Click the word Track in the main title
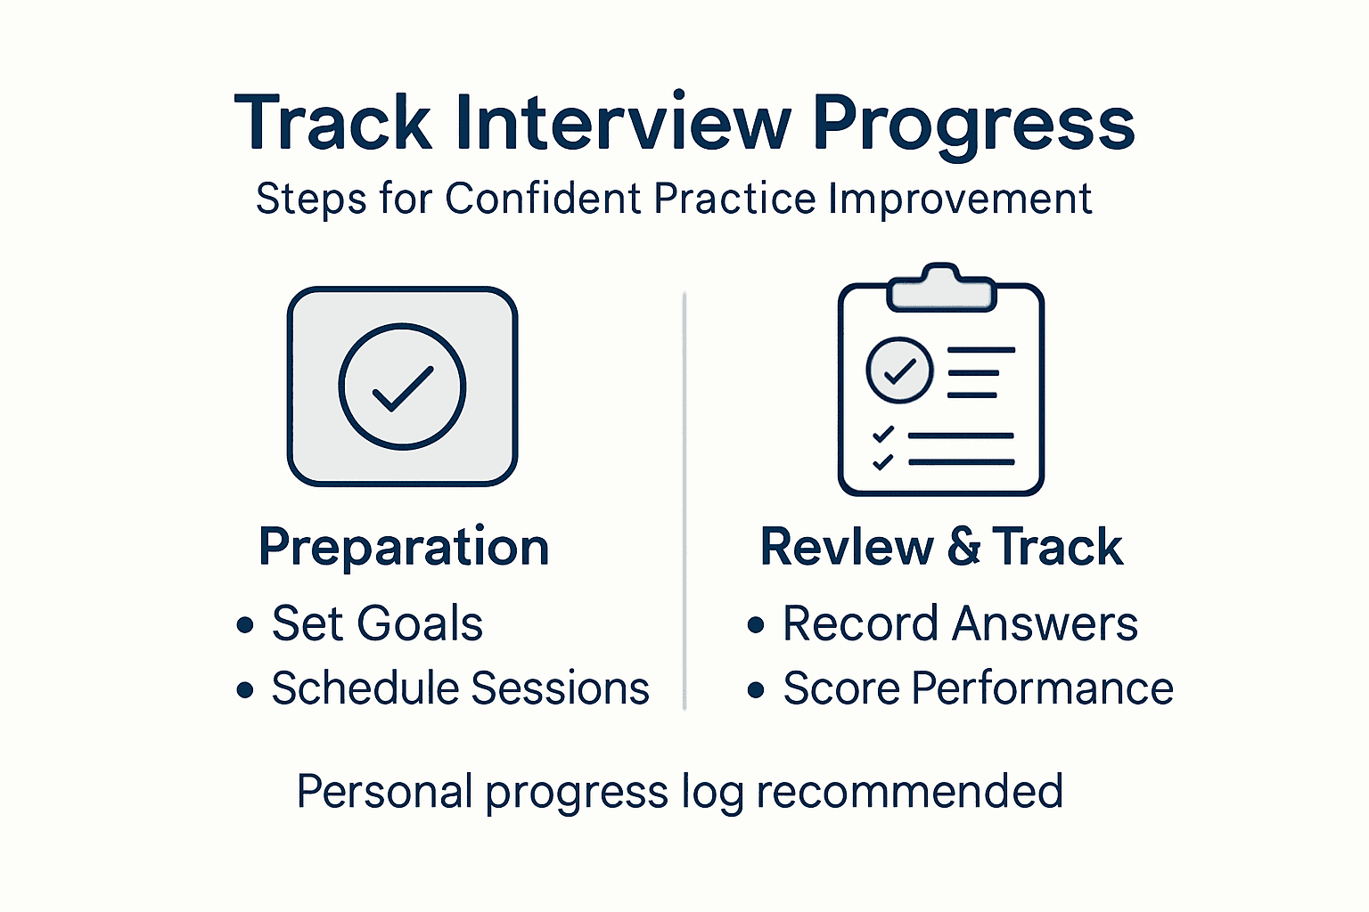click(332, 123)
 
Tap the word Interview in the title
click(622, 123)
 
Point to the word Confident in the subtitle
click(543, 199)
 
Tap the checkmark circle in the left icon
click(402, 387)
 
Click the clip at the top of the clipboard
click(940, 287)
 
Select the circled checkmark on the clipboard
click(899, 370)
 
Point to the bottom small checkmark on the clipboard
click(882, 461)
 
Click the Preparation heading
click(404, 547)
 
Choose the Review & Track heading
click(941, 547)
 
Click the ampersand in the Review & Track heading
click(963, 547)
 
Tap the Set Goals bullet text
click(377, 623)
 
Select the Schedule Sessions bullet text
click(460, 688)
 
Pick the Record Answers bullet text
click(960, 623)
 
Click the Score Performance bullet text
click(978, 688)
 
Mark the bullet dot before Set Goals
click(245, 625)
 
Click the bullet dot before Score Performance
click(756, 690)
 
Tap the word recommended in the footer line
click(909, 791)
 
